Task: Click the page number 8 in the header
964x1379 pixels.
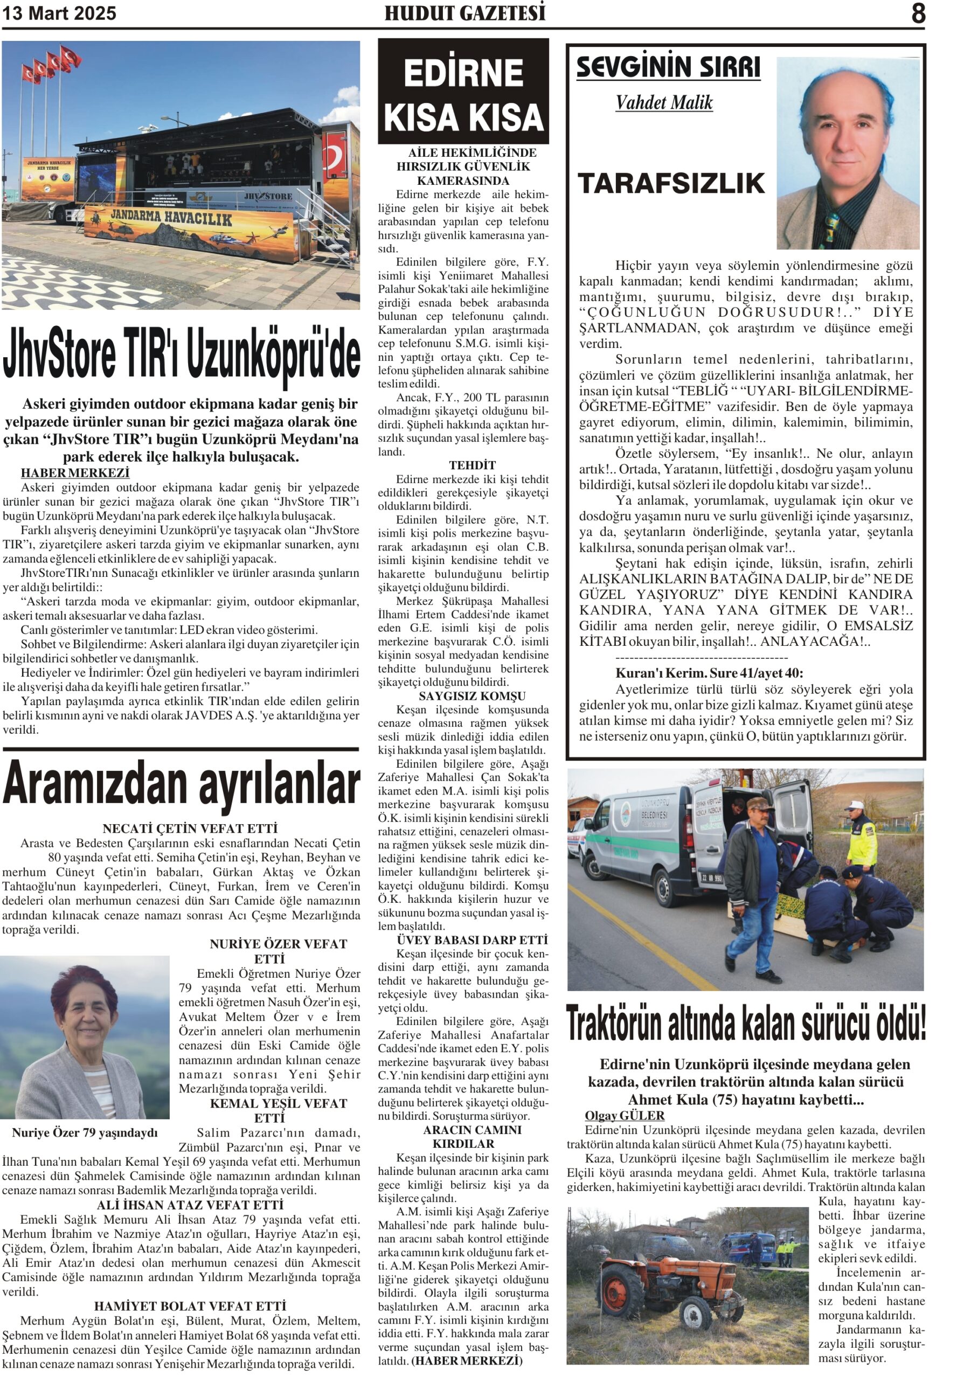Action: click(x=918, y=13)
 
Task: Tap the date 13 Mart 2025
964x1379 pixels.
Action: click(x=59, y=13)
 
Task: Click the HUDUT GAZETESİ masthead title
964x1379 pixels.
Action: click(x=465, y=13)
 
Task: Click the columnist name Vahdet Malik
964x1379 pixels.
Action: click(x=664, y=103)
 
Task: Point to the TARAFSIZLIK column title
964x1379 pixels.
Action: click(x=671, y=184)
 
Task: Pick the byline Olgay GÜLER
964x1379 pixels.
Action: click(x=625, y=1116)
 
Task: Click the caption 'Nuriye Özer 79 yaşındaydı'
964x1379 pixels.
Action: click(x=85, y=1133)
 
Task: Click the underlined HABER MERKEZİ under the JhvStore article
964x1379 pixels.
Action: click(x=75, y=473)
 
